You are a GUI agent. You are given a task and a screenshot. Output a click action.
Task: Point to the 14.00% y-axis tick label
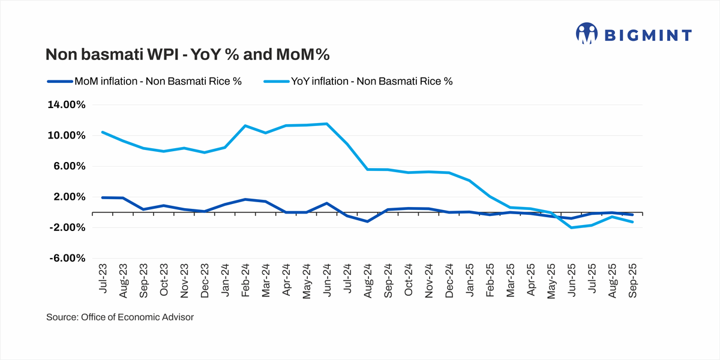click(67, 105)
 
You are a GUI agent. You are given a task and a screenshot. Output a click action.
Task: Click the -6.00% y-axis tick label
click(67, 259)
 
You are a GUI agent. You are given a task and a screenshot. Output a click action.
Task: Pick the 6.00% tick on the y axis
click(70, 166)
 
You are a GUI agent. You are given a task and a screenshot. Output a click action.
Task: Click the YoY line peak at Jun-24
click(326, 124)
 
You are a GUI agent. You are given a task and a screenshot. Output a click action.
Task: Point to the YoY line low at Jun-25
click(571, 228)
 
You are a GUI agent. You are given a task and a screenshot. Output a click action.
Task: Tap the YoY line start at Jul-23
click(103, 132)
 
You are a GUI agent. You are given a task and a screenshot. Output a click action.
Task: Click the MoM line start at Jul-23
click(103, 197)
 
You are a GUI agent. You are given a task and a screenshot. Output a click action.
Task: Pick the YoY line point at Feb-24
click(245, 125)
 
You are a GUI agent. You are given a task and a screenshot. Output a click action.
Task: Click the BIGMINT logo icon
click(587, 34)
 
